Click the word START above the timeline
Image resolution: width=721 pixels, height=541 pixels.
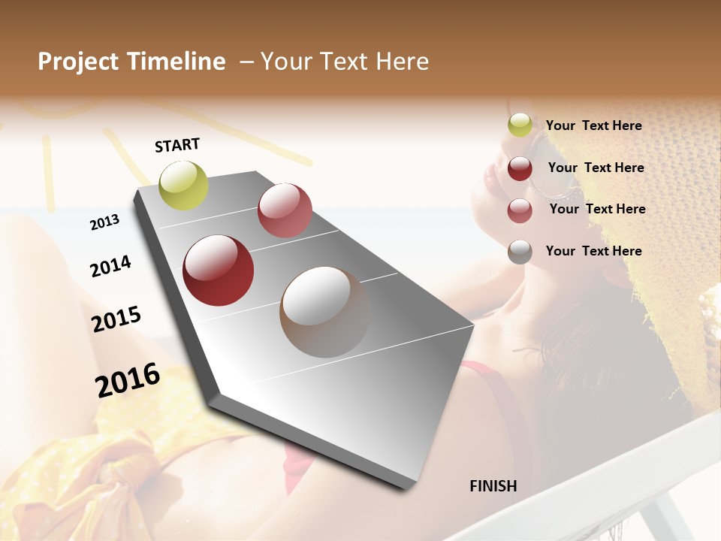(177, 145)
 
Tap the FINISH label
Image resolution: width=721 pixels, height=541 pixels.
(493, 486)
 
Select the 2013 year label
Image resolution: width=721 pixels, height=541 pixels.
(105, 222)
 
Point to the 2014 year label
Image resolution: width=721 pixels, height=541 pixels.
(110, 266)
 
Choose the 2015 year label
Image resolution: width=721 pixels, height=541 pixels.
(116, 319)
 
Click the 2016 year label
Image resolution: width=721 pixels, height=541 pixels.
(128, 379)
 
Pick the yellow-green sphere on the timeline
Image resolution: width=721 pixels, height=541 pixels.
(184, 185)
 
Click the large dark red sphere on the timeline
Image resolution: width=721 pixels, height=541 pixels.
(219, 270)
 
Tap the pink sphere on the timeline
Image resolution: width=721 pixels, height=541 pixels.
(285, 210)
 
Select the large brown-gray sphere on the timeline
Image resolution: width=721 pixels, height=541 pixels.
(324, 312)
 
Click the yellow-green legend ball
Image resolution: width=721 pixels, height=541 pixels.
(520, 125)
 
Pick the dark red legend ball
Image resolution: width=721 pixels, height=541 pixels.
(520, 168)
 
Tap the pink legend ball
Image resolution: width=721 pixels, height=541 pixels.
(520, 210)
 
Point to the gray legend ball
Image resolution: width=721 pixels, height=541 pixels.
(520, 252)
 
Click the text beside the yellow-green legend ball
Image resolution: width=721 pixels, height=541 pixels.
(593, 125)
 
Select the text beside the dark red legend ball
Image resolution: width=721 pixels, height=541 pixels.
(596, 168)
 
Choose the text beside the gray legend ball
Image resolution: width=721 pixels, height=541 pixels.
(593, 251)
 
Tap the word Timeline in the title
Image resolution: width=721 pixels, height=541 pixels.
(176, 62)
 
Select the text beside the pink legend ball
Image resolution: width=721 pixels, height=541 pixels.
(597, 209)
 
